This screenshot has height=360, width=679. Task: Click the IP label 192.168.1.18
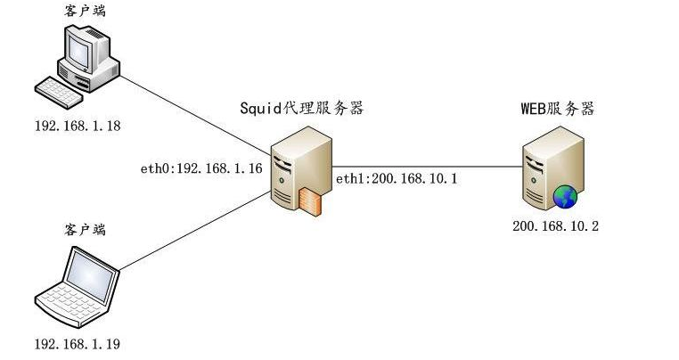tap(77, 126)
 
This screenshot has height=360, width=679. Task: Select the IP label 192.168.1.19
tap(77, 343)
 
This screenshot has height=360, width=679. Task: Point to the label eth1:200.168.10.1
tap(397, 179)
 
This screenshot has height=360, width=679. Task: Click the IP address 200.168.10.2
tap(555, 226)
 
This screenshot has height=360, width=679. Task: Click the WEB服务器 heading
tap(557, 109)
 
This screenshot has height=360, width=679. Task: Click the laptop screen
tap(92, 274)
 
